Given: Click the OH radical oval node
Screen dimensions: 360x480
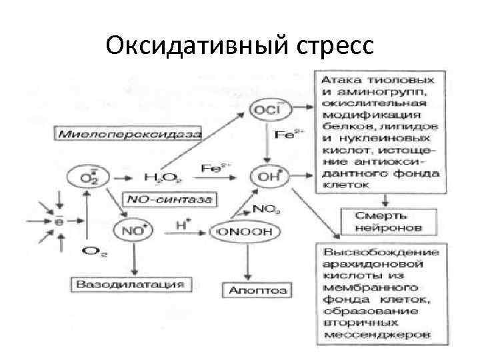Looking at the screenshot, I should [266, 177].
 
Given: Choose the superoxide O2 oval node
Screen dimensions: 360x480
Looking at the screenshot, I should [87, 178].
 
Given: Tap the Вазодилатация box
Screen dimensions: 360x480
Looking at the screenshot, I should [129, 285].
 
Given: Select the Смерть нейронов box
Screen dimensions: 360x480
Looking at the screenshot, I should [381, 221].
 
